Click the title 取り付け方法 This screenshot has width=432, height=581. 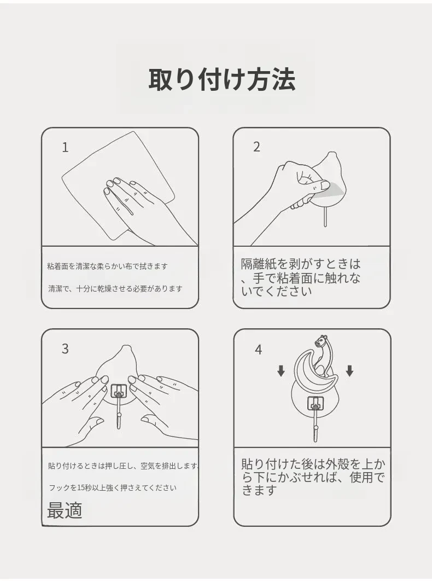coord(222,79)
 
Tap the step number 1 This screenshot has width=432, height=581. coord(65,148)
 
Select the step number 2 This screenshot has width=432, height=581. coord(256,147)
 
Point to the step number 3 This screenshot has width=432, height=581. coord(65,348)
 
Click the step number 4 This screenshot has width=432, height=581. coord(258,350)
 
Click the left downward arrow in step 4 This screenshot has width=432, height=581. coord(281,370)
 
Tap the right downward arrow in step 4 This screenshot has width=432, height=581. coord(349,370)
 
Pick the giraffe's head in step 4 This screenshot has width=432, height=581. coord(321,340)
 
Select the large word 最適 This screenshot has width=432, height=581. coord(65,510)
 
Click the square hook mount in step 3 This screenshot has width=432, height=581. coord(119,391)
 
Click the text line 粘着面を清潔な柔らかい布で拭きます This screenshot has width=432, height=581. coord(107,266)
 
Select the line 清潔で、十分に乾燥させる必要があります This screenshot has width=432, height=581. coord(115,288)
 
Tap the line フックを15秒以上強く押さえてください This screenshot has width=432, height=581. coord(113,487)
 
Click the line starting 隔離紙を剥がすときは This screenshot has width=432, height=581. coord(300,264)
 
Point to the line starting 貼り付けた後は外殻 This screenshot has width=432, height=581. coord(313,464)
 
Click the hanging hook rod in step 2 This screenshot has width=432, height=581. coord(325,217)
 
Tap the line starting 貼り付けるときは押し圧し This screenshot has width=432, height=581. coord(124,466)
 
